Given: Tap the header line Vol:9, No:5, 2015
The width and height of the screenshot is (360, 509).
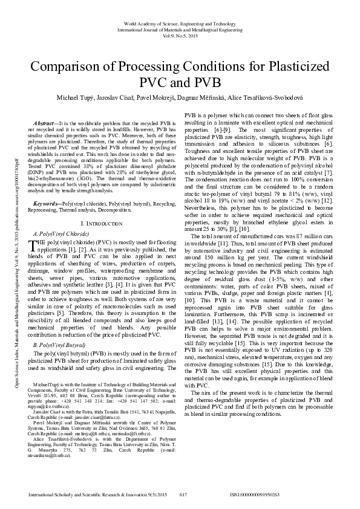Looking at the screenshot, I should click(x=180, y=37).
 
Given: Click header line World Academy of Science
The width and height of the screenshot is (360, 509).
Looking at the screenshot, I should click(x=180, y=20).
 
